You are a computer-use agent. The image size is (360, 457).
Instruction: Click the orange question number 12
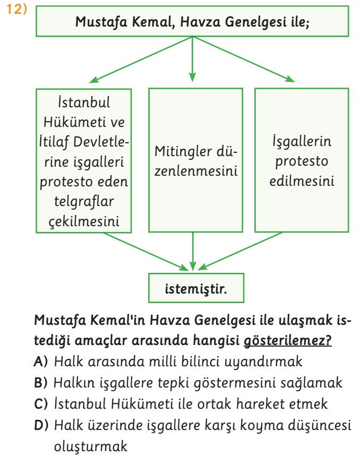[16, 9]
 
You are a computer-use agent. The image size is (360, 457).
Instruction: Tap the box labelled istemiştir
[196, 288]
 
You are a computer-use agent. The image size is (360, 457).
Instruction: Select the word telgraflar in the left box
[84, 201]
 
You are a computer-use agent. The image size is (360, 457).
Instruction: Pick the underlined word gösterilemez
[287, 340]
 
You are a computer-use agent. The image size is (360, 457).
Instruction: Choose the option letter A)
[40, 361]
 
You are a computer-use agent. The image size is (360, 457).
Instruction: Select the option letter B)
[40, 383]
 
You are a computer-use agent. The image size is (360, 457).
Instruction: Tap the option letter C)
[40, 404]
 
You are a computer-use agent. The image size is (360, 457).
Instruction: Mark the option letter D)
[41, 425]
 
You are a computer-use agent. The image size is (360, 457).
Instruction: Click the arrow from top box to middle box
[192, 59]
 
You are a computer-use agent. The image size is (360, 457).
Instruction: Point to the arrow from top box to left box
[141, 60]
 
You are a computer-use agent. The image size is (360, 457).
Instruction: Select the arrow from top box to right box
[243, 59]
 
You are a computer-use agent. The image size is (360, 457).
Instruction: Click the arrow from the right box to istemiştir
[240, 251]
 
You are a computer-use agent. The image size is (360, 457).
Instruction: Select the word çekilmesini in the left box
[84, 221]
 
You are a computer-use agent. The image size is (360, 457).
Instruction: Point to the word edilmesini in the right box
[302, 181]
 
